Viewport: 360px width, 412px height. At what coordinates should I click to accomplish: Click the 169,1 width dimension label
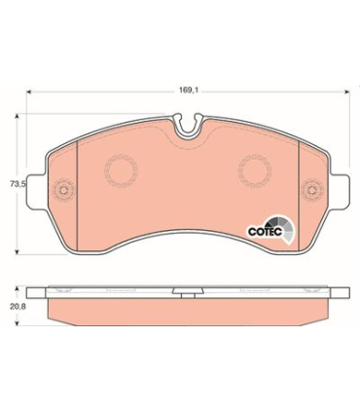(x=189, y=91)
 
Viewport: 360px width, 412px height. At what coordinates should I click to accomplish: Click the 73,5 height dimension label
(x=18, y=184)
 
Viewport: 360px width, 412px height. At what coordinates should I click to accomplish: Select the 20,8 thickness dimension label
(x=18, y=307)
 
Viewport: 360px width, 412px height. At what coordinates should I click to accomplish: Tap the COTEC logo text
(x=266, y=232)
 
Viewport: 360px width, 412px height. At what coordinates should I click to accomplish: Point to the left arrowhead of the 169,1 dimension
(x=29, y=92)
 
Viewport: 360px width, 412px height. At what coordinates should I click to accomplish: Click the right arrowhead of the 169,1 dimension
(x=346, y=92)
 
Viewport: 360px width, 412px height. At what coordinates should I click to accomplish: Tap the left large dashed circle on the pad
(x=121, y=155)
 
